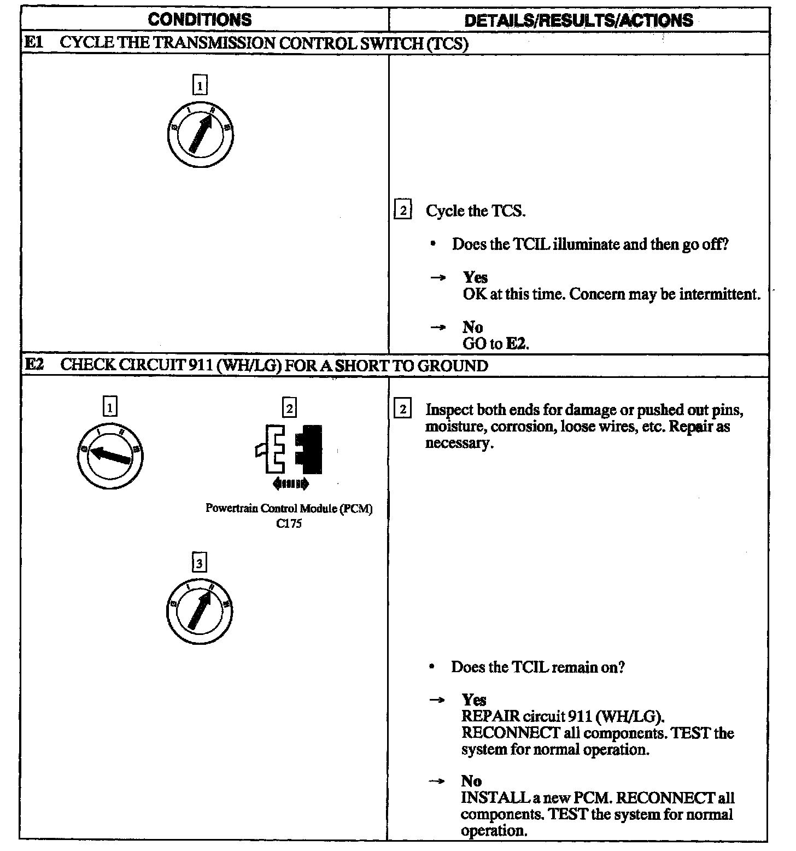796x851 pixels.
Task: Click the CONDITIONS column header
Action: [200, 20]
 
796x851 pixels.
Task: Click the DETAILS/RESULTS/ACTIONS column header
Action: [578, 20]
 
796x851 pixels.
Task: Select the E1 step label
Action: [34, 43]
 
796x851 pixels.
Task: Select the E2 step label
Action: [34, 365]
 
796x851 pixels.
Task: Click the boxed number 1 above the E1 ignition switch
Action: [200, 86]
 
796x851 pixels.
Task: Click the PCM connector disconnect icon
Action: [289, 449]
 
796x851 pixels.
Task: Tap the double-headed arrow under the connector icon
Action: [290, 483]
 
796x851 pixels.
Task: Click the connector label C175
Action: [289, 523]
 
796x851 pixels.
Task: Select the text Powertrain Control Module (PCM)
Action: [289, 508]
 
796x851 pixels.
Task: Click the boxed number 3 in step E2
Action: [200, 562]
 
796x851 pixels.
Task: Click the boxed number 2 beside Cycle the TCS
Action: [402, 211]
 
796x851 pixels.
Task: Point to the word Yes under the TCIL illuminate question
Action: [475, 277]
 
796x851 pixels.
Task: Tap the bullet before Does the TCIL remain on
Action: [432, 667]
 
